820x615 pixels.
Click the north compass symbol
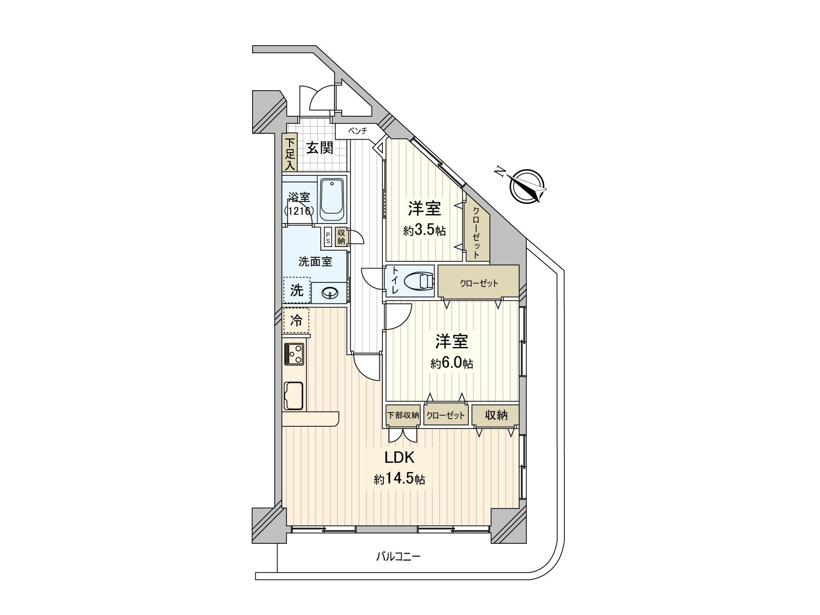click(527, 186)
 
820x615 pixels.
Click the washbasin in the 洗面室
click(330, 293)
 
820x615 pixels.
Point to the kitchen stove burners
click(294, 354)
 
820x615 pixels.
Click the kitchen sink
click(294, 396)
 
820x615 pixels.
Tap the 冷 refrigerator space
click(296, 320)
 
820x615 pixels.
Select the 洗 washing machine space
click(296, 291)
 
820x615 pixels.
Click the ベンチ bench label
click(358, 131)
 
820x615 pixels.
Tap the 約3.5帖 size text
click(424, 231)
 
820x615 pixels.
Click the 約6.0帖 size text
click(452, 364)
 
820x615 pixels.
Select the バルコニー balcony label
click(398, 557)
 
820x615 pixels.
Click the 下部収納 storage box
click(403, 415)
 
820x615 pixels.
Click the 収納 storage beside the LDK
click(496, 415)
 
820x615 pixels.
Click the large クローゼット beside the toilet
click(478, 282)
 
